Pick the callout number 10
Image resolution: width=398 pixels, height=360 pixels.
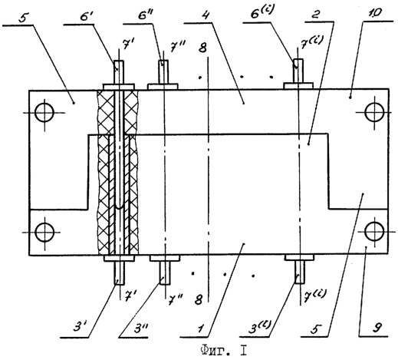click(375, 13)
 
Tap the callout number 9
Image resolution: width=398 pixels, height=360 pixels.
click(377, 328)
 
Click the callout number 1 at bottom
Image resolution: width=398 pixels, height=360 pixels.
click(201, 328)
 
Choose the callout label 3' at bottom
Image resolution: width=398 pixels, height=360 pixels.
click(78, 327)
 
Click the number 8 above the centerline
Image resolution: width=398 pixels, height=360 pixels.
click(202, 48)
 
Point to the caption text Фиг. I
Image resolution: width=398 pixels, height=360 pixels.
click(223, 351)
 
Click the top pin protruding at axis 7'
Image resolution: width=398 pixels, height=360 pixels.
click(119, 72)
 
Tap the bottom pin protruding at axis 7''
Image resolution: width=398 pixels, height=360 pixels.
click(165, 272)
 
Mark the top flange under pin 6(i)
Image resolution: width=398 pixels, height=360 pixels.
click(298, 86)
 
